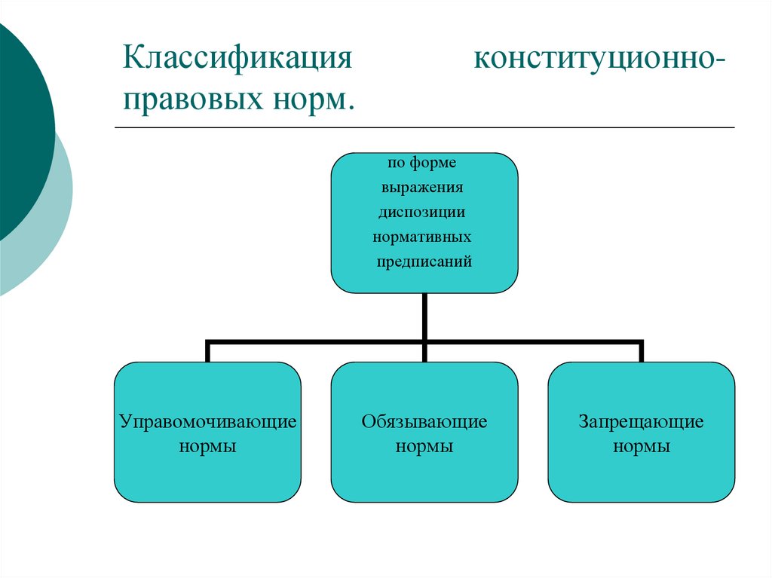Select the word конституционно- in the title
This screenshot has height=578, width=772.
pos(602,59)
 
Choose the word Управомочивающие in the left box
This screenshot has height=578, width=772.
pos(208,421)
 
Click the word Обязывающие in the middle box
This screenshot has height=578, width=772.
pos(424,421)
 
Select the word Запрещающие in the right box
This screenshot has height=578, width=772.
pos(642,421)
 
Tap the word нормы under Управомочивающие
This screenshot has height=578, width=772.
pos(208,446)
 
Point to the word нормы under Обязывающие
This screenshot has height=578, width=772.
pos(424,446)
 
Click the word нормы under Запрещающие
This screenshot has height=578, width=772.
pos(642,446)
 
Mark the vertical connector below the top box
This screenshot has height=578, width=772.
pos(424,317)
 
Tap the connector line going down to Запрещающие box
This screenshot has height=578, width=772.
pos(642,352)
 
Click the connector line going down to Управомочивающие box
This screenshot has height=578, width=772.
pos(208,352)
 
